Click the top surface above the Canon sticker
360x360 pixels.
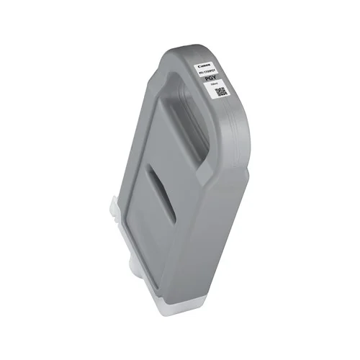209,51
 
